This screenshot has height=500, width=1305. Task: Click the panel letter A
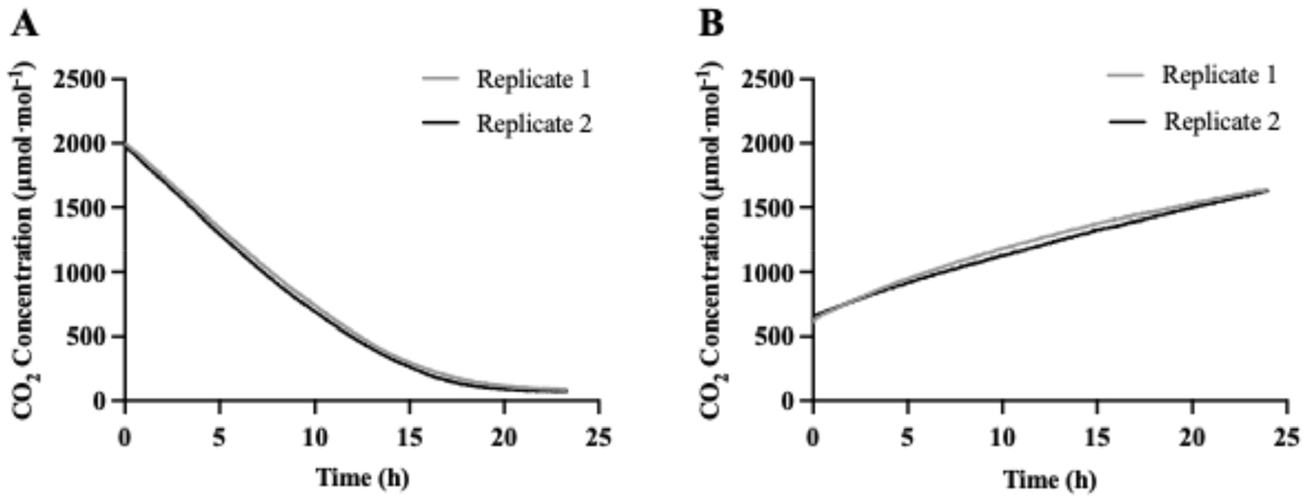point(24,25)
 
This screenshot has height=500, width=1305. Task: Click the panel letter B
point(711,25)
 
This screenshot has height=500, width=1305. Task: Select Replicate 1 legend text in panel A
point(533,79)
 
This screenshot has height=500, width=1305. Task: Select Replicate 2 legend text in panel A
point(533,123)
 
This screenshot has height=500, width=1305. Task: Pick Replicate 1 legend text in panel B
point(1220,75)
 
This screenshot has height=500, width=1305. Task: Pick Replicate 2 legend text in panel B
point(1221,121)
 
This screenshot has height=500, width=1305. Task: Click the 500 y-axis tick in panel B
point(777,337)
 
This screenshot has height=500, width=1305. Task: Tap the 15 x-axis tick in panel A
point(410,438)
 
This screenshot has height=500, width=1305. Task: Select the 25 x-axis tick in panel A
point(599,438)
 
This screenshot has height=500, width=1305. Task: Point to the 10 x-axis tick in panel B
point(1002,438)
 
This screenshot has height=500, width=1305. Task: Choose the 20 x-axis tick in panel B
point(1192,438)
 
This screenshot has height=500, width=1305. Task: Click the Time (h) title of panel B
point(1050,479)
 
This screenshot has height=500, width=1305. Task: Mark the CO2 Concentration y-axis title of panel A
point(25,241)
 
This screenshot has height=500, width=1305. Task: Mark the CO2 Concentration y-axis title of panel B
point(712,241)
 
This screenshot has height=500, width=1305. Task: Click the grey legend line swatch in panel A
point(441,79)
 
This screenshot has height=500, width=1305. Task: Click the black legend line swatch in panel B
point(1127,122)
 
